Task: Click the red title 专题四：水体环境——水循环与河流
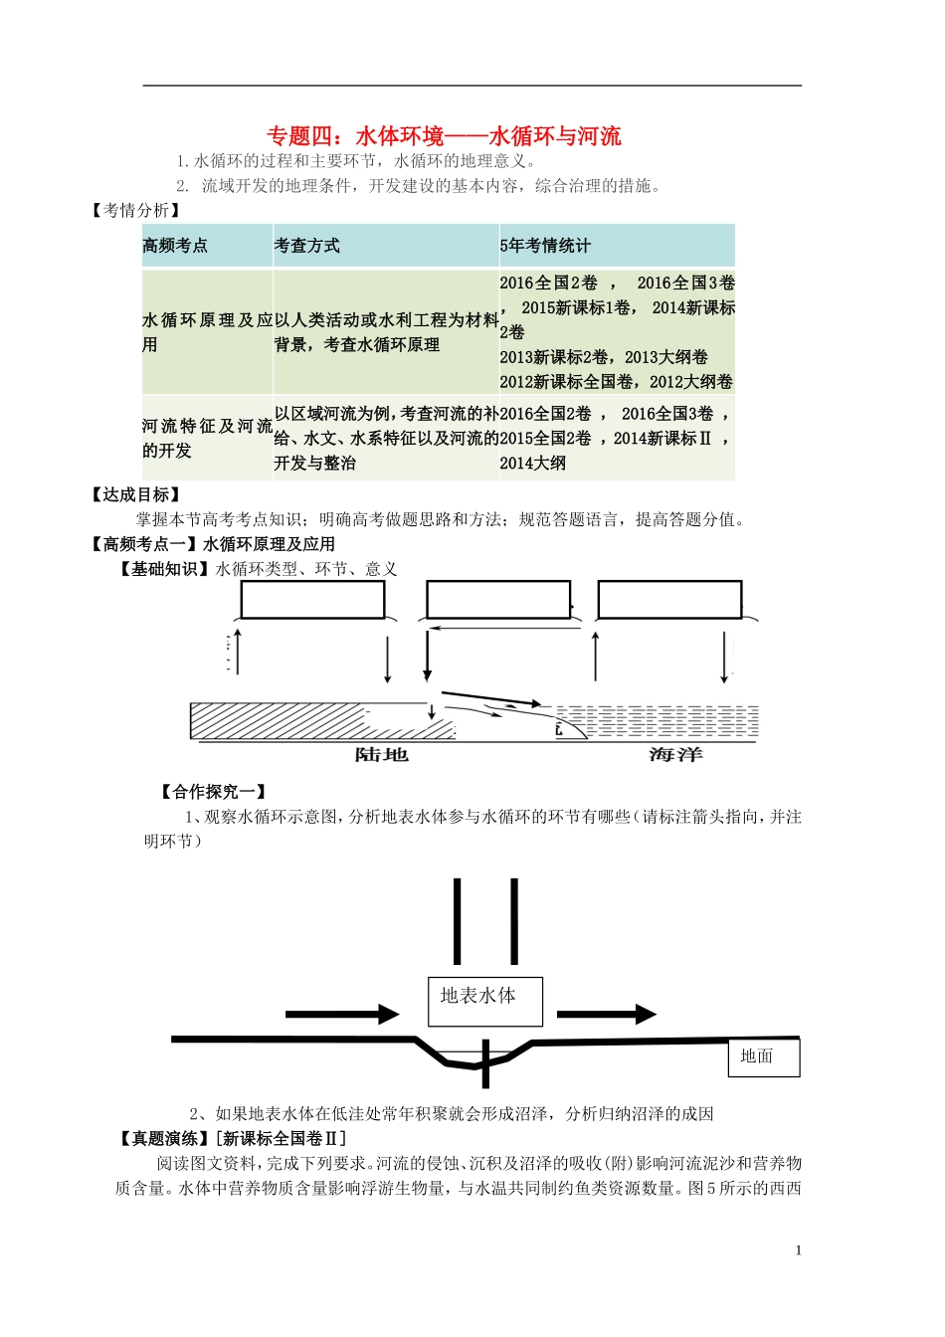(444, 136)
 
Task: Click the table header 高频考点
(175, 246)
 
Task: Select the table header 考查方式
(307, 246)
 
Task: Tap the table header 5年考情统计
(545, 246)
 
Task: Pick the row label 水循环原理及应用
(207, 332)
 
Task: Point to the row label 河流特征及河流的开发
(207, 438)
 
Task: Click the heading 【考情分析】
(135, 210)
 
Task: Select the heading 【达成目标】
(135, 494)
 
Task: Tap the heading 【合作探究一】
(213, 792)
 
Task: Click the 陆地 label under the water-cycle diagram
(382, 755)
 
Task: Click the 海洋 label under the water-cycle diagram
(675, 755)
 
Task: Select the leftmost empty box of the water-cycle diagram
(312, 600)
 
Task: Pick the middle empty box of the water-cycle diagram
(498, 600)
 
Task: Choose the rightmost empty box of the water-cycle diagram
(669, 600)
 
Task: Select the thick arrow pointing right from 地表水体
(606, 1015)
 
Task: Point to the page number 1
(798, 1250)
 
